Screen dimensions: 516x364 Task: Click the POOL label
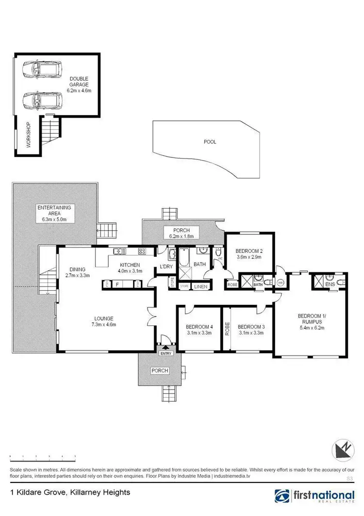pos(210,142)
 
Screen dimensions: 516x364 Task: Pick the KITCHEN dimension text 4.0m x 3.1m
pos(131,271)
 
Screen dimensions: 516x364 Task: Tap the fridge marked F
pos(117,284)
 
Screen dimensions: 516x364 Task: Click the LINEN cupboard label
pos(200,286)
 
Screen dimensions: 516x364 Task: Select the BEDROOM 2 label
pos(248,251)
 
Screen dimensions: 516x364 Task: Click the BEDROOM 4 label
pos(199,326)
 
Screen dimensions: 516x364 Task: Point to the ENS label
pos(330,285)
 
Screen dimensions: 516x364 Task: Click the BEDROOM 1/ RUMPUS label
pos(311,319)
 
